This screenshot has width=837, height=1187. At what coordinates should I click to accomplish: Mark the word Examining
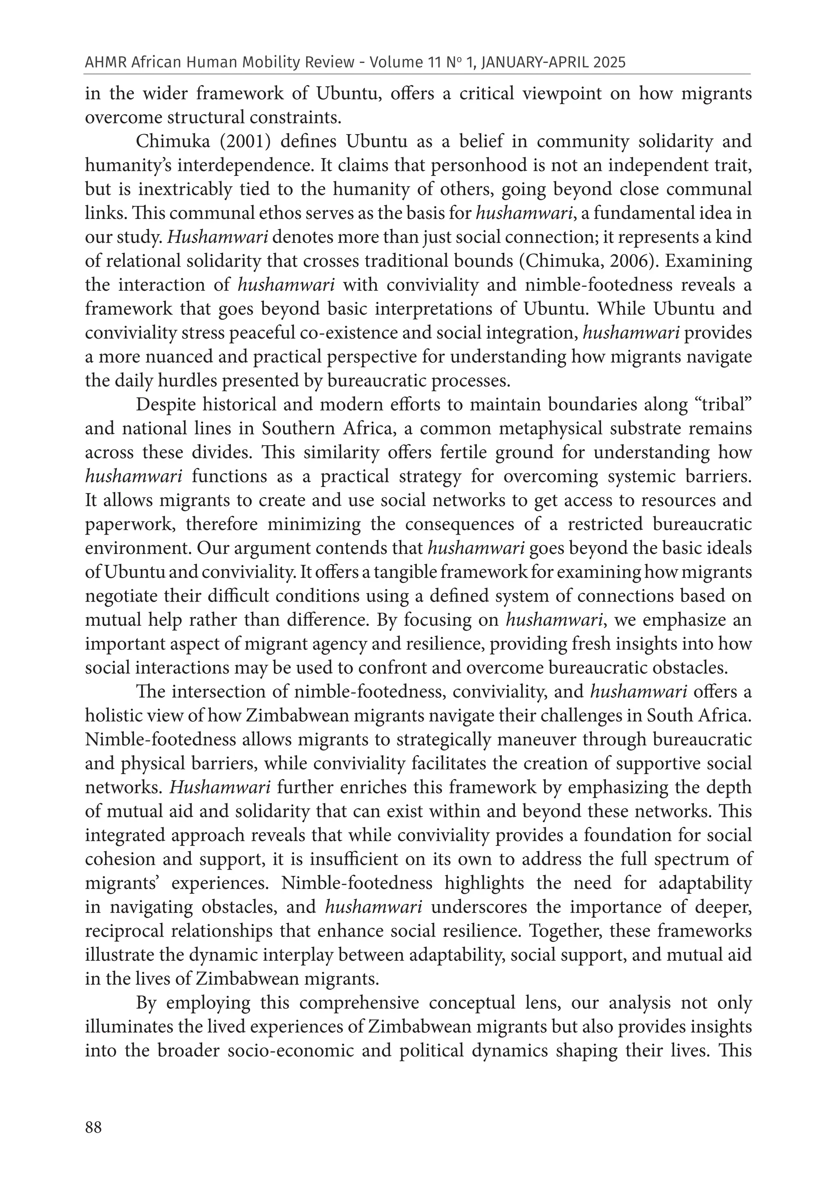click(x=708, y=261)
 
